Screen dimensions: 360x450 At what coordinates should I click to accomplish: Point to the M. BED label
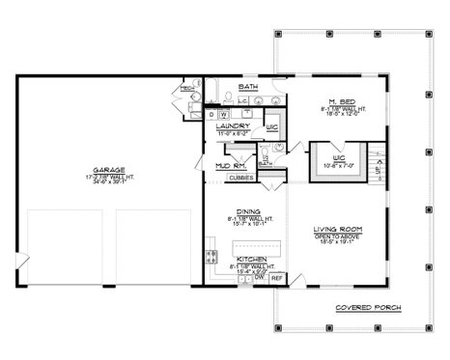(338, 101)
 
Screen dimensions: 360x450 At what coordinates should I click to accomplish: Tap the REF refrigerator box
(276, 279)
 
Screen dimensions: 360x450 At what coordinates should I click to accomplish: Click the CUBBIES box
(241, 178)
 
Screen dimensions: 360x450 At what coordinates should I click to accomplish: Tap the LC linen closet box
(242, 100)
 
